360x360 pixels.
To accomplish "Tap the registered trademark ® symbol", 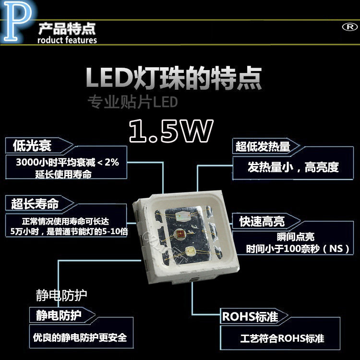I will click(x=347, y=27).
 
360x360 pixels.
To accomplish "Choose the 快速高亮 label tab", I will click(x=262, y=221).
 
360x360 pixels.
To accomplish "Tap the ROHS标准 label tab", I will click(x=250, y=317).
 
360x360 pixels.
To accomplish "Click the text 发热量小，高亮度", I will click(x=293, y=167).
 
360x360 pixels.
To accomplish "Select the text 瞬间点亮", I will click(x=296, y=238).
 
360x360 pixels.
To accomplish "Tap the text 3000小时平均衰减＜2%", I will click(x=67, y=162).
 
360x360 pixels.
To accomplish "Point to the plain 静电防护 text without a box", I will click(x=61, y=294).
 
